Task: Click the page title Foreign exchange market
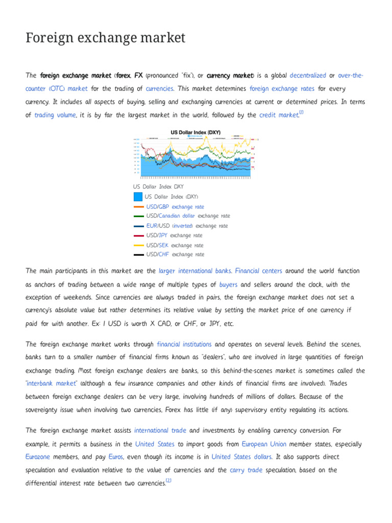pyautogui.click(x=105, y=38)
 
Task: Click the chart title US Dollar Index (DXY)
pyautogui.click(x=195, y=132)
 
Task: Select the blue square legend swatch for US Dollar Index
pyautogui.click(x=138, y=197)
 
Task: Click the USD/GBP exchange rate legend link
pyautogui.click(x=175, y=207)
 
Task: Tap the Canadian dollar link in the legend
pyautogui.click(x=177, y=216)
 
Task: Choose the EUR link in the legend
pyautogui.click(x=152, y=226)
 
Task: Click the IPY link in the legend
pyautogui.click(x=163, y=235)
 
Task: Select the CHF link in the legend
pyautogui.click(x=163, y=254)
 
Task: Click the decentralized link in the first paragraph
pyautogui.click(x=307, y=75)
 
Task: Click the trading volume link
pyautogui.click(x=55, y=115)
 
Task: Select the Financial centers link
pyautogui.click(x=258, y=271)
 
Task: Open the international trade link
pyautogui.click(x=160, y=431)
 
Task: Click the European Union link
pyautogui.click(x=264, y=444)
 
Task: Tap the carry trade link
pyautogui.click(x=246, y=470)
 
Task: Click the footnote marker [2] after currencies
pyautogui.click(x=168, y=481)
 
